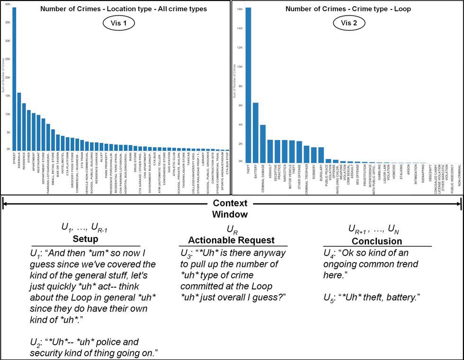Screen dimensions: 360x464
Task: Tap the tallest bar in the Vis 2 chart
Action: (248, 85)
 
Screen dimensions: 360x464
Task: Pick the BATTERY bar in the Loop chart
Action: (256, 132)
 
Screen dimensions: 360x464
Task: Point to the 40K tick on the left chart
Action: (7, 4)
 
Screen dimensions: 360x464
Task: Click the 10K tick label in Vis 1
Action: (7, 114)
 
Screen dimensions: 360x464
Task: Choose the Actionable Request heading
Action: (232, 240)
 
